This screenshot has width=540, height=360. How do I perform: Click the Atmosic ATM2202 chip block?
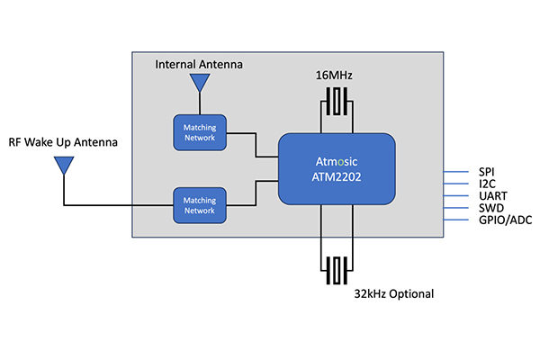[337, 169]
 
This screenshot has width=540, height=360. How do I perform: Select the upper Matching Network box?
[200, 132]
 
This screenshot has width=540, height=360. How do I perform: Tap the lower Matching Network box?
[200, 205]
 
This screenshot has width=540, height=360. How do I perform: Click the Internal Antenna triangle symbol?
[200, 83]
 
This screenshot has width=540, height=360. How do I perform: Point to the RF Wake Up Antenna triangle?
[64, 166]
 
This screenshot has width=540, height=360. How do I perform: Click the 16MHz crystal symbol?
[337, 102]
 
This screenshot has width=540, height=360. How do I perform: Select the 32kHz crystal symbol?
[337, 271]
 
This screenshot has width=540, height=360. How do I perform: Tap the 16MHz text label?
[334, 75]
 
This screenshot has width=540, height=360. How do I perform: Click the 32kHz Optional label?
[394, 294]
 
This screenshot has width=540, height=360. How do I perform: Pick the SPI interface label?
[486, 172]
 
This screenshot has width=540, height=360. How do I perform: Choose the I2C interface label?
[487, 184]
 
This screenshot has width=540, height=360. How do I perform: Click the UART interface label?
[493, 195]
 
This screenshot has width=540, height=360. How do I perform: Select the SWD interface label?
[491, 208]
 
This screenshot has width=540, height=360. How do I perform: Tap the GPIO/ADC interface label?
[505, 220]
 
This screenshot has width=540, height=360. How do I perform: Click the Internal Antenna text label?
[199, 65]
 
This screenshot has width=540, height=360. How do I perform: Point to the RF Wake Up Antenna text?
[63, 142]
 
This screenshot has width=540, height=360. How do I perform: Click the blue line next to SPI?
[456, 172]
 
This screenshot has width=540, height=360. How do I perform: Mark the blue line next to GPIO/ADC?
[456, 220]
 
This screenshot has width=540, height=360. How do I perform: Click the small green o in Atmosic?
[340, 162]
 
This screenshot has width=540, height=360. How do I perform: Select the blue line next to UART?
[456, 195]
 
